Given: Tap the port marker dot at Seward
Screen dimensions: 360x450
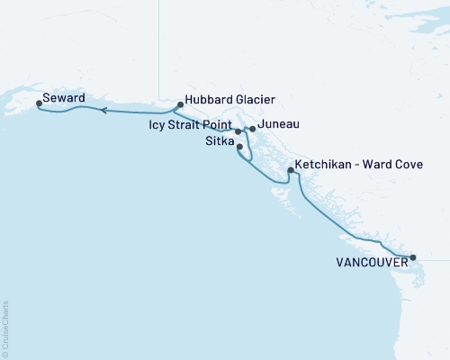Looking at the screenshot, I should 39,103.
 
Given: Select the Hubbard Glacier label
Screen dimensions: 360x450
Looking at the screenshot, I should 229,100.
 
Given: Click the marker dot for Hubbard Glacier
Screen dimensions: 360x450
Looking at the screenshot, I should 181,104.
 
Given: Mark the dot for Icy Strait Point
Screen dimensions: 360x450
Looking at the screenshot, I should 238,131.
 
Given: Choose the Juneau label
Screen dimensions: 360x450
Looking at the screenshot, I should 278,124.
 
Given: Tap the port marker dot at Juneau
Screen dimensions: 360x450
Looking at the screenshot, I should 252,129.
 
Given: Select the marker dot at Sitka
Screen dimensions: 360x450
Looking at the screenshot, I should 239,146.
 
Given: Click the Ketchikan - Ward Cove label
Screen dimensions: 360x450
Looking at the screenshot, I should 359,166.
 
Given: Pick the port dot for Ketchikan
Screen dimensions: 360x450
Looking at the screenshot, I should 290,170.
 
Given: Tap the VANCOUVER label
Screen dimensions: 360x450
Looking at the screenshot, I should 370,263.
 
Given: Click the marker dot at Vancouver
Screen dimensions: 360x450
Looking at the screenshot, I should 413,258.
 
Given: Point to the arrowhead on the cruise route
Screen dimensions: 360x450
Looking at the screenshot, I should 103,111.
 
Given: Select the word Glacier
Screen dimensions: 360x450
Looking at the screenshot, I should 253,100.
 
